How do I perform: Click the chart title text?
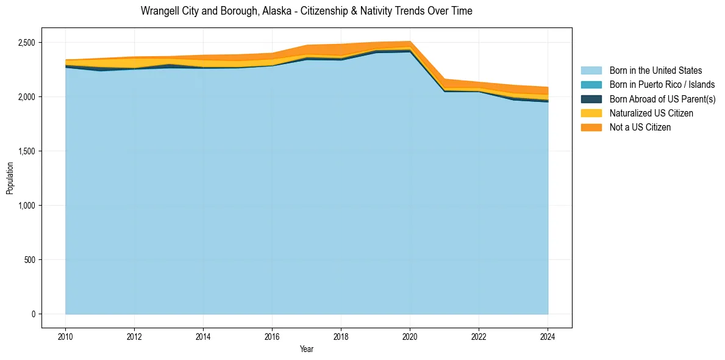(x=306, y=11)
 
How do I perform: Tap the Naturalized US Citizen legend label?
(x=651, y=113)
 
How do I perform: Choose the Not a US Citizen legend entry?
(x=640, y=127)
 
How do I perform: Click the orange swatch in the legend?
(x=591, y=127)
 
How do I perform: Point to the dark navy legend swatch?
(x=591, y=99)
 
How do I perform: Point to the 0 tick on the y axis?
(x=34, y=314)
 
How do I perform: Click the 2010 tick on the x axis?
(x=65, y=336)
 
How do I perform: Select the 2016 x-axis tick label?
(x=272, y=336)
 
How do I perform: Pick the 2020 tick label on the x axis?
(x=410, y=336)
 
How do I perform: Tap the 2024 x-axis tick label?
(x=548, y=336)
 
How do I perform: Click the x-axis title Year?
(x=307, y=349)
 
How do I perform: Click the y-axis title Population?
(x=10, y=178)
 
